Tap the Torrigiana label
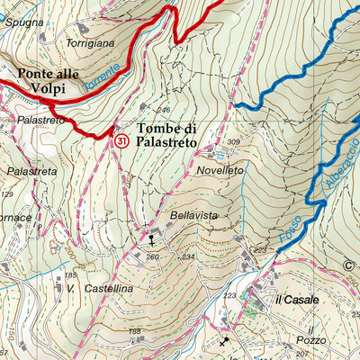90,42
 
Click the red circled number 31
120,141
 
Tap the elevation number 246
164,111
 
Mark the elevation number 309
234,142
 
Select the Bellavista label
194,217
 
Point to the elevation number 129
8,194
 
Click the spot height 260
153,256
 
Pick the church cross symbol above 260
151,239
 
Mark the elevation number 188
135,332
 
